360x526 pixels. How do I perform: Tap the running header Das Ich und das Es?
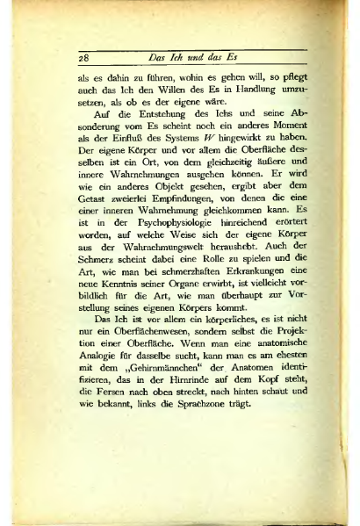194,58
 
